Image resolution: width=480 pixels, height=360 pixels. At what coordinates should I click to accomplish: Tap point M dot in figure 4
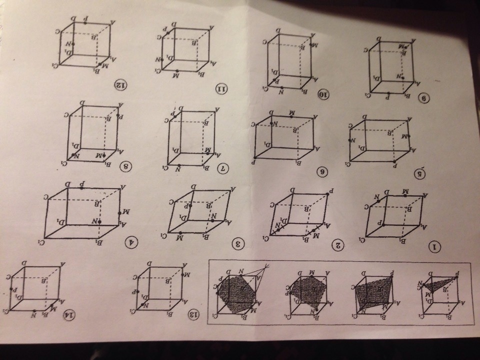tap(119, 214)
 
